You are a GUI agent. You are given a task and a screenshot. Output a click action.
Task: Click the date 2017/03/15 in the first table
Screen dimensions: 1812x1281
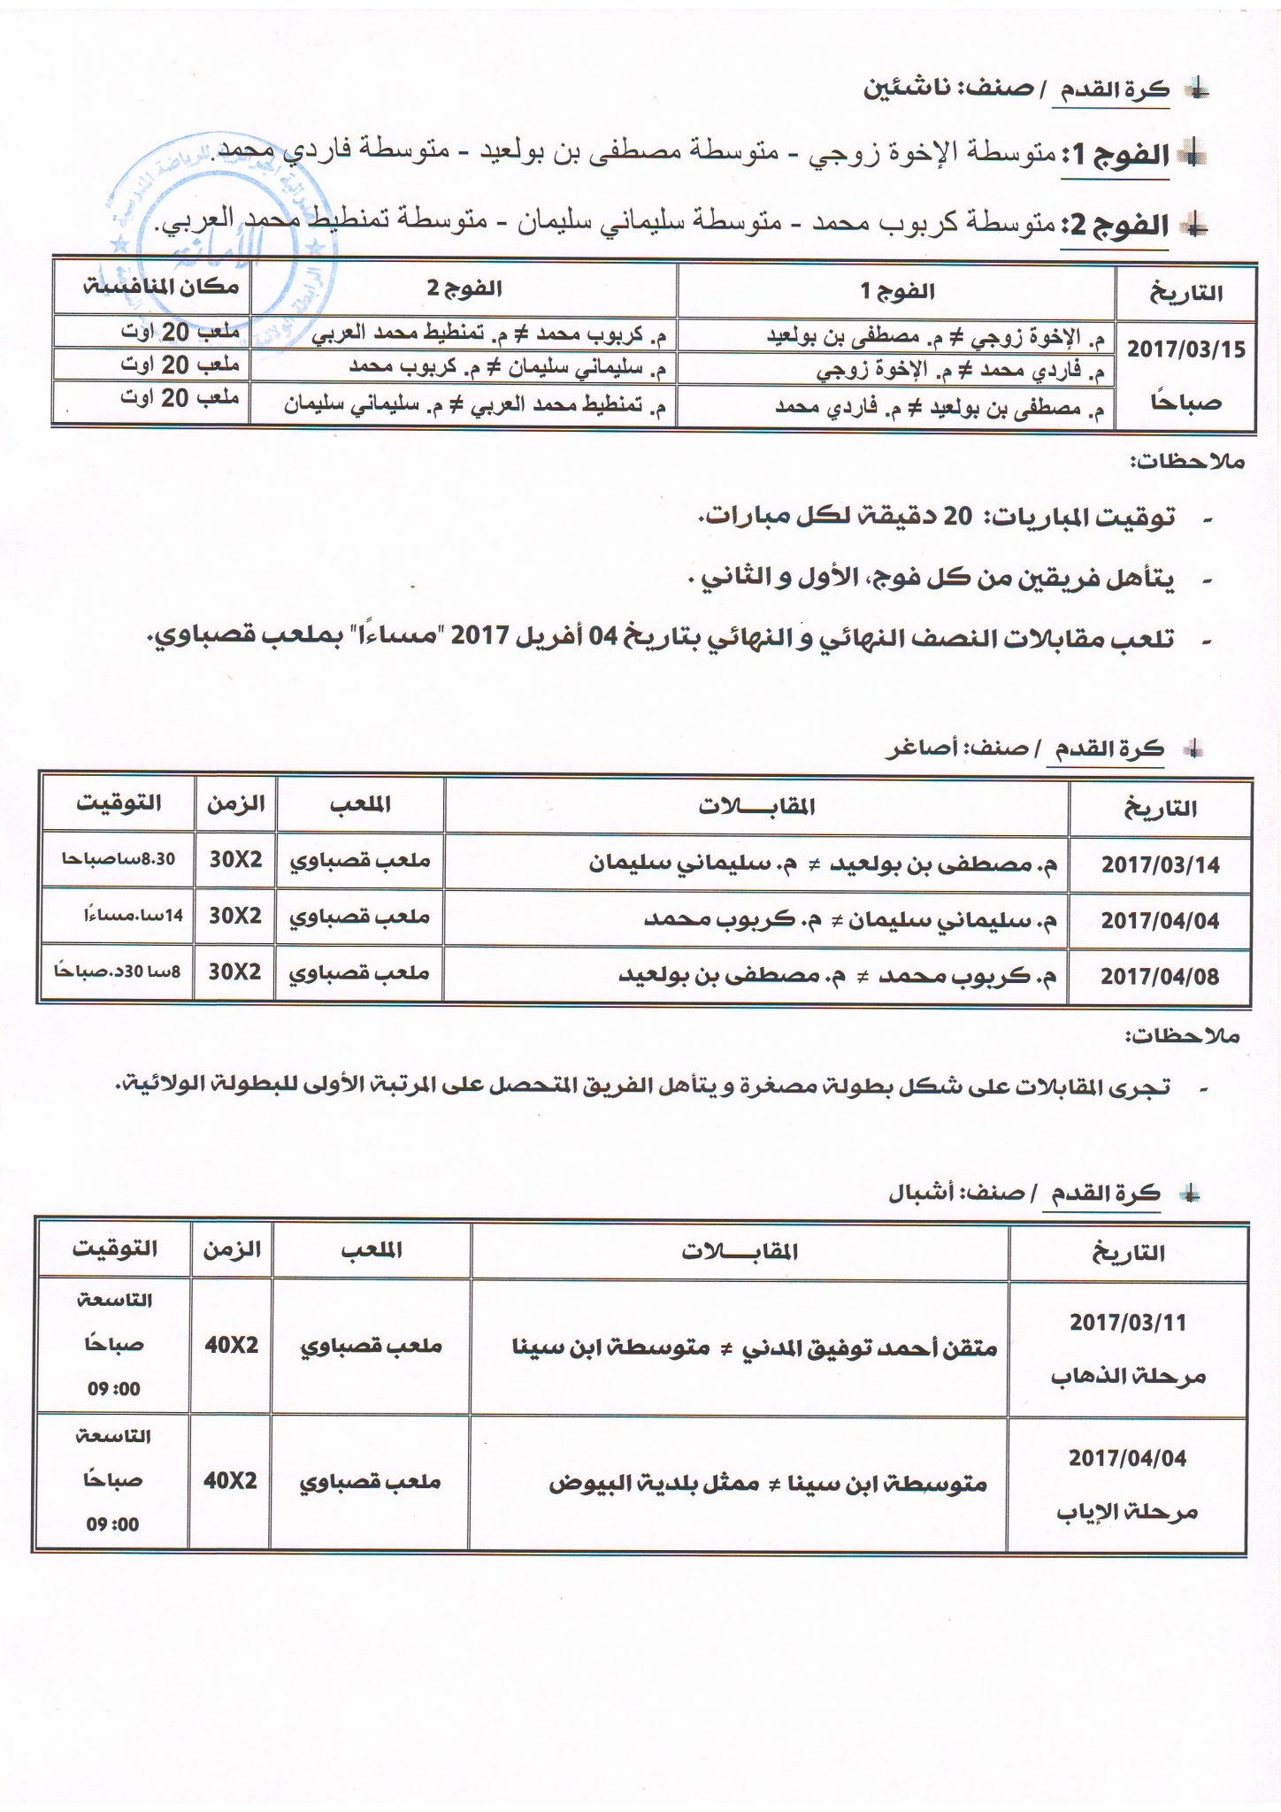pos(1185,349)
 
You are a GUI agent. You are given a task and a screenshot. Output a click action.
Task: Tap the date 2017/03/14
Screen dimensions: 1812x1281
pos(1160,865)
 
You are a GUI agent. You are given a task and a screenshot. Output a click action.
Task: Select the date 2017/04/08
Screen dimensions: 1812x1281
pos(1159,976)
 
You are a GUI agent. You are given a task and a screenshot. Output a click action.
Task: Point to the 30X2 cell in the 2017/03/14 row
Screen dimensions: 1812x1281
pos(235,859)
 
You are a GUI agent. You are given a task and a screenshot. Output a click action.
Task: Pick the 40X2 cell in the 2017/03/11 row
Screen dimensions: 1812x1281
pos(231,1345)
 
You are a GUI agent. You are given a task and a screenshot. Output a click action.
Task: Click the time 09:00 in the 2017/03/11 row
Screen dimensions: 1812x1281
pos(113,1388)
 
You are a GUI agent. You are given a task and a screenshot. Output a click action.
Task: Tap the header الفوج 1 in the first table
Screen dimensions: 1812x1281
pos(897,290)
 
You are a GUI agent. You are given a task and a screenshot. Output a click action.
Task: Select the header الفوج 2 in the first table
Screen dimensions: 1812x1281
pos(464,288)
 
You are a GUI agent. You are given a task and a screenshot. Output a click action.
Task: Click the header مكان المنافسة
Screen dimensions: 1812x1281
pos(160,287)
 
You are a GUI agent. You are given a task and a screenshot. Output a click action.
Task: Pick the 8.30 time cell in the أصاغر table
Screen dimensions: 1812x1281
pos(118,859)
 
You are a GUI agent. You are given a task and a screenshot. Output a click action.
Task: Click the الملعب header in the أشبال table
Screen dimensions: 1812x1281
pos(372,1249)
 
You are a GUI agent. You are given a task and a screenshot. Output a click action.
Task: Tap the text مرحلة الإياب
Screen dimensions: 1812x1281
pos(1127,1512)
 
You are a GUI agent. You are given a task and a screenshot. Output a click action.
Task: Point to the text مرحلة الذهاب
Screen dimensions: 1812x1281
pos(1128,1376)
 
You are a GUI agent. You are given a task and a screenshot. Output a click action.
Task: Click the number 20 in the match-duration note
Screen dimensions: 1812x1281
pos(957,516)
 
